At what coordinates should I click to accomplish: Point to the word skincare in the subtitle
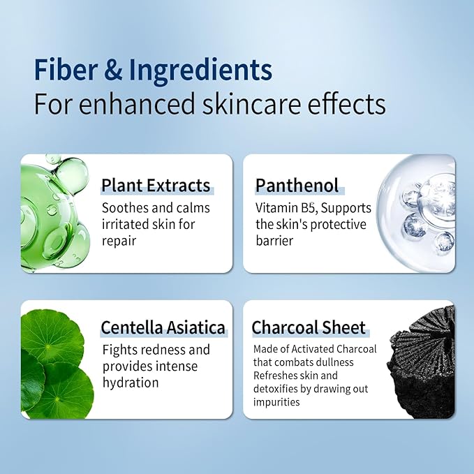[241, 104]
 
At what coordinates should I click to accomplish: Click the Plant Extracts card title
[156, 186]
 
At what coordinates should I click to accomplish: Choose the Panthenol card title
[297, 186]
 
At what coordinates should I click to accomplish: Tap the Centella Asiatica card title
[163, 327]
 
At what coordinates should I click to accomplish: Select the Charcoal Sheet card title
[309, 327]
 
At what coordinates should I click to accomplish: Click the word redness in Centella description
[163, 350]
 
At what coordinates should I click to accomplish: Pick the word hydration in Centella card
[131, 383]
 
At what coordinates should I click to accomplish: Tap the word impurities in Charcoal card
[276, 402]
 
